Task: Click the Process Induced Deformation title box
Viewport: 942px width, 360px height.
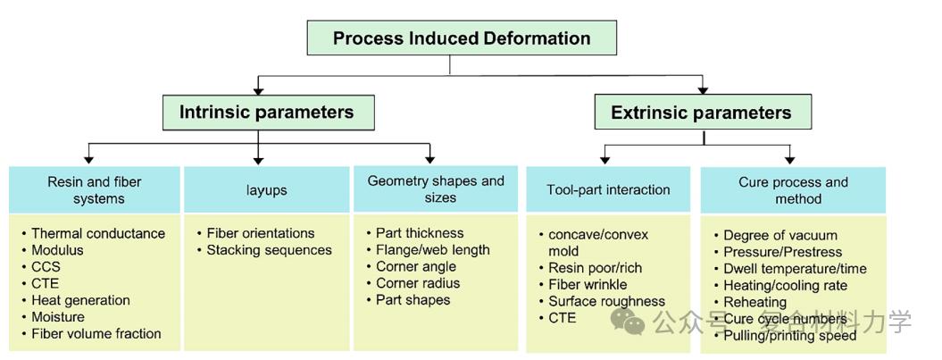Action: coord(461,38)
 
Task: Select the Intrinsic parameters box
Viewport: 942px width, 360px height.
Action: coord(266,113)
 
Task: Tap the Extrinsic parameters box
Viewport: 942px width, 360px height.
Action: coord(701,113)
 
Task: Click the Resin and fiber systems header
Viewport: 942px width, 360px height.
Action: coord(94,190)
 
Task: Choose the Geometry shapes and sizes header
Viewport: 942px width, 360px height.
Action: coord(435,189)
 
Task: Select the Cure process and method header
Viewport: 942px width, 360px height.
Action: coord(793,190)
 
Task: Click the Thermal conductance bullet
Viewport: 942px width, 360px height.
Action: coord(97,233)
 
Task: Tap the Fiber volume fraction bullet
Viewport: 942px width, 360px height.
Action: coord(96,334)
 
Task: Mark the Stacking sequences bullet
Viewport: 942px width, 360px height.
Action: coord(269,250)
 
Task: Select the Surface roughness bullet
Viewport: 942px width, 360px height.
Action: coord(606,301)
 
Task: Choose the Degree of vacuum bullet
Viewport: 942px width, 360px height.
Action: coord(779,235)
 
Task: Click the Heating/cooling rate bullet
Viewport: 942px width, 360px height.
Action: coord(785,285)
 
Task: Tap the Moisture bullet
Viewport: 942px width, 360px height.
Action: coord(58,317)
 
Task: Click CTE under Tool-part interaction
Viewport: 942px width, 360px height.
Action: coord(563,318)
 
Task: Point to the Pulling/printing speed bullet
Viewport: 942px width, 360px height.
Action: coord(789,336)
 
